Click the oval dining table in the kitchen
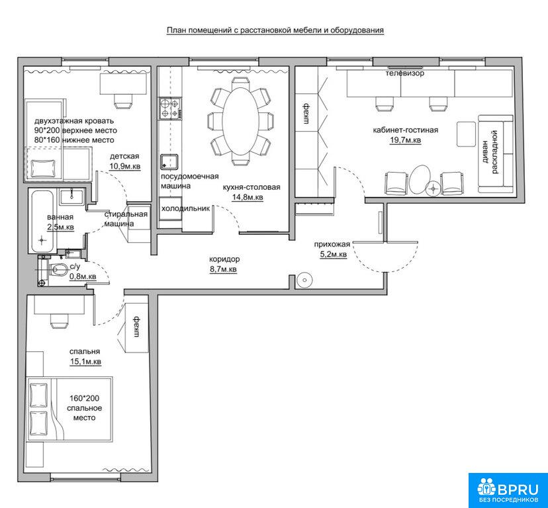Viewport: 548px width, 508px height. pos(241,122)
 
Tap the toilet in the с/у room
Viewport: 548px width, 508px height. pos(59,270)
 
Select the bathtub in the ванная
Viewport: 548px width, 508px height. pos(42,221)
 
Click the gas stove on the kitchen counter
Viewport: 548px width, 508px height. pos(170,108)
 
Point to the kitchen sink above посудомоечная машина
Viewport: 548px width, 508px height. pos(169,163)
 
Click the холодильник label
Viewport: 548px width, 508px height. pos(185,208)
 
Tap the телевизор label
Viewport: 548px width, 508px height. pos(404,73)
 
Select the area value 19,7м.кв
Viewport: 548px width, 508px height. pos(406,140)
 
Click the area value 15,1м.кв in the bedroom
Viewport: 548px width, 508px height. pos(85,362)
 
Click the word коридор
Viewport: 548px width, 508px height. pos(224,259)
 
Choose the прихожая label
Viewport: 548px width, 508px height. pos(332,245)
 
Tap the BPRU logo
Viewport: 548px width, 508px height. pos(508,490)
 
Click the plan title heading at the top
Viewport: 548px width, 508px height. pos(275,30)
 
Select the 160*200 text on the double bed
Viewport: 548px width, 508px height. pos(84,398)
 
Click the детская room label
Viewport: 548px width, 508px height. pos(124,156)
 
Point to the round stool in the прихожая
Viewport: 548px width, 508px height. pos(304,280)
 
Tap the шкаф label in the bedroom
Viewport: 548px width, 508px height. pos(136,327)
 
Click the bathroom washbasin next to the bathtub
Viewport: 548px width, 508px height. pos(72,196)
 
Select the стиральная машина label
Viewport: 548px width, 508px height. pos(126,219)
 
